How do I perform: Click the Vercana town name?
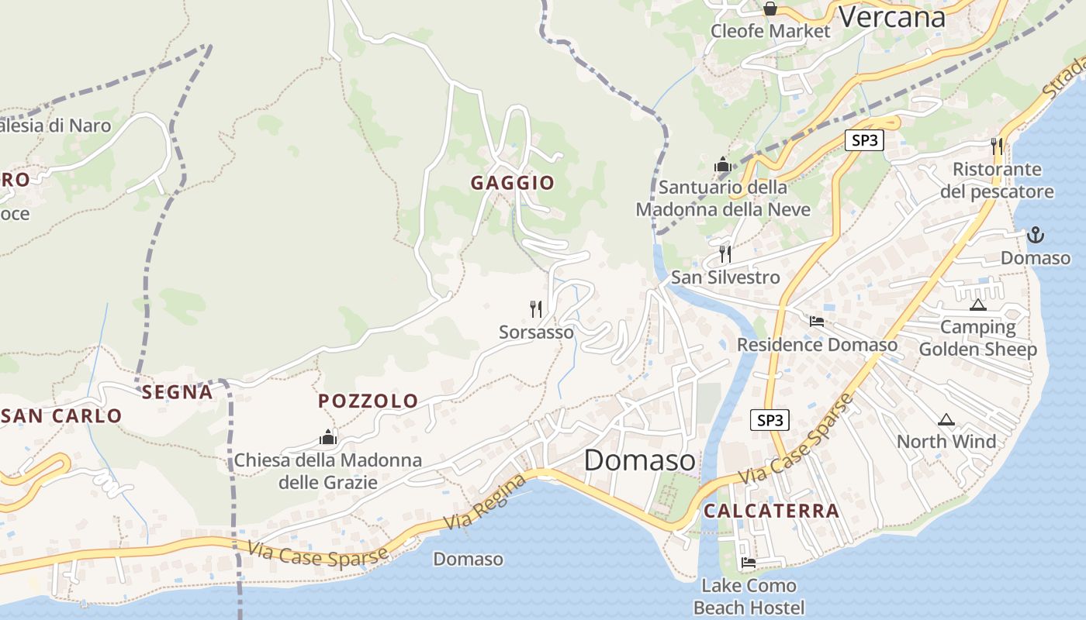[x=892, y=16]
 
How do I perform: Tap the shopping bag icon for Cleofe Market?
[x=770, y=9]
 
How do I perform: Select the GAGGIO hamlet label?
[x=513, y=183]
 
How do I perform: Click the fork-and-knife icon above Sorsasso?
[x=536, y=309]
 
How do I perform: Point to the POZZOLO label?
[x=368, y=401]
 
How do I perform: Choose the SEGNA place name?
[x=177, y=392]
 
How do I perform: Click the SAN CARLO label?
[x=62, y=416]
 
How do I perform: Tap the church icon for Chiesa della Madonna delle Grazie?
[x=328, y=438]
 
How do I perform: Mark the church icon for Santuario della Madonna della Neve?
[x=723, y=164]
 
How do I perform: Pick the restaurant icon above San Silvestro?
[x=725, y=253]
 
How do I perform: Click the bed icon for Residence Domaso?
[x=816, y=321]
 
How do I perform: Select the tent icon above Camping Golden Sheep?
[x=977, y=305]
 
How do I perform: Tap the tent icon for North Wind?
[x=946, y=420]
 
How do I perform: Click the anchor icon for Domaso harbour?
[x=1035, y=234]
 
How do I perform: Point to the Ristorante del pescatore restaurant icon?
[x=997, y=145]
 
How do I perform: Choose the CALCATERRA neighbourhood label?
[x=771, y=511]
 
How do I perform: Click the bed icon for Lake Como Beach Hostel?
[x=749, y=562]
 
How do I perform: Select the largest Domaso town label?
[x=640, y=460]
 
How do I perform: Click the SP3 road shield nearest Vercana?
[x=864, y=140]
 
